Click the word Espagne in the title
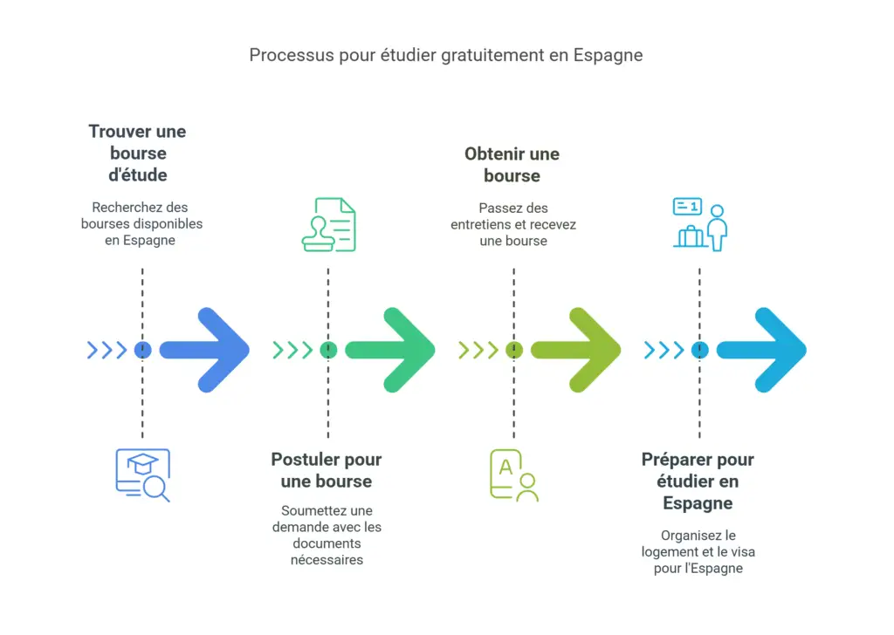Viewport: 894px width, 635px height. click(608, 55)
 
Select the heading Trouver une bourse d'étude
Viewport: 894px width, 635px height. click(137, 153)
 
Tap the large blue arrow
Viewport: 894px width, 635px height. click(206, 350)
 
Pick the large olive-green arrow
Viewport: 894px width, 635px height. click(577, 350)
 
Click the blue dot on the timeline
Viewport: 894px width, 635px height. click(142, 350)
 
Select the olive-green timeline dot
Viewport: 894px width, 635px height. click(513, 350)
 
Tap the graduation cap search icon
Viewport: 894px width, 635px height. click(142, 475)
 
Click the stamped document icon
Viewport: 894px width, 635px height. click(328, 225)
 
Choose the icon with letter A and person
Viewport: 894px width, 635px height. click(513, 475)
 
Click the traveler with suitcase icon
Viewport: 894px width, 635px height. click(699, 225)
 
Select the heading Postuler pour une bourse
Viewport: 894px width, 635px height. click(327, 470)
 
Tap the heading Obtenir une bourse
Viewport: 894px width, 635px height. click(512, 164)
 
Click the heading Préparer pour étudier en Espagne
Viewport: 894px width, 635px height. click(698, 481)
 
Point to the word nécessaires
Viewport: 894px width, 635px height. click(327, 559)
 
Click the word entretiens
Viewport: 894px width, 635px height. click(482, 224)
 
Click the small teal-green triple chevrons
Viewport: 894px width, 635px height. click(292, 350)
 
